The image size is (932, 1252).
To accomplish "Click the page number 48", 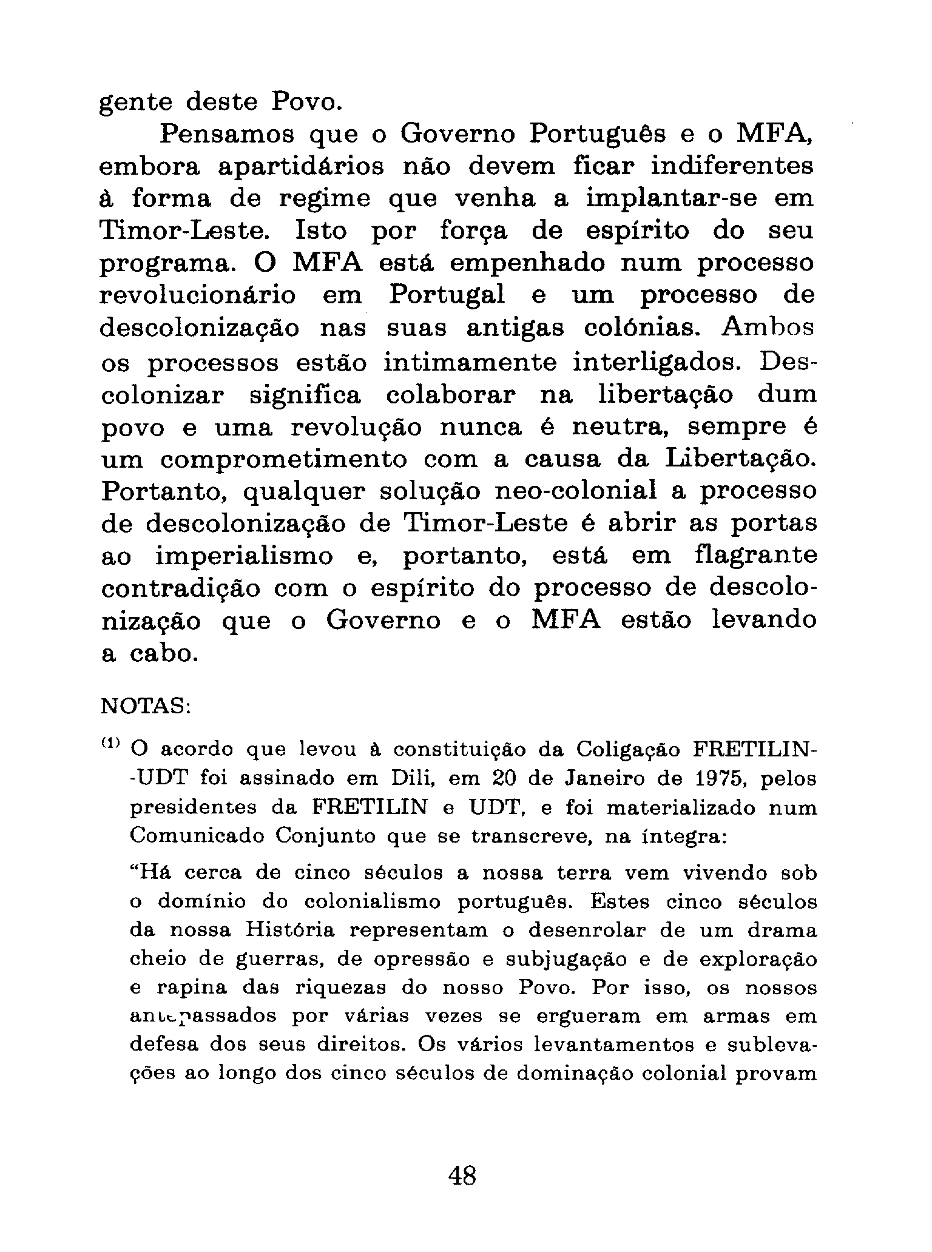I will pyautogui.click(x=462, y=1176).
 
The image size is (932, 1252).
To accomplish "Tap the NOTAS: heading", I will pyautogui.click(x=145, y=706).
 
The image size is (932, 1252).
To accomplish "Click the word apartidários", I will pyautogui.click(x=300, y=167).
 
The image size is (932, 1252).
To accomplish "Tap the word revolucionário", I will pyautogui.click(x=198, y=295).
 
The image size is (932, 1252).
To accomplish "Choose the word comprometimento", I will pyautogui.click(x=284, y=459).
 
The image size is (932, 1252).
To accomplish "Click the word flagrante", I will pyautogui.click(x=755, y=556).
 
